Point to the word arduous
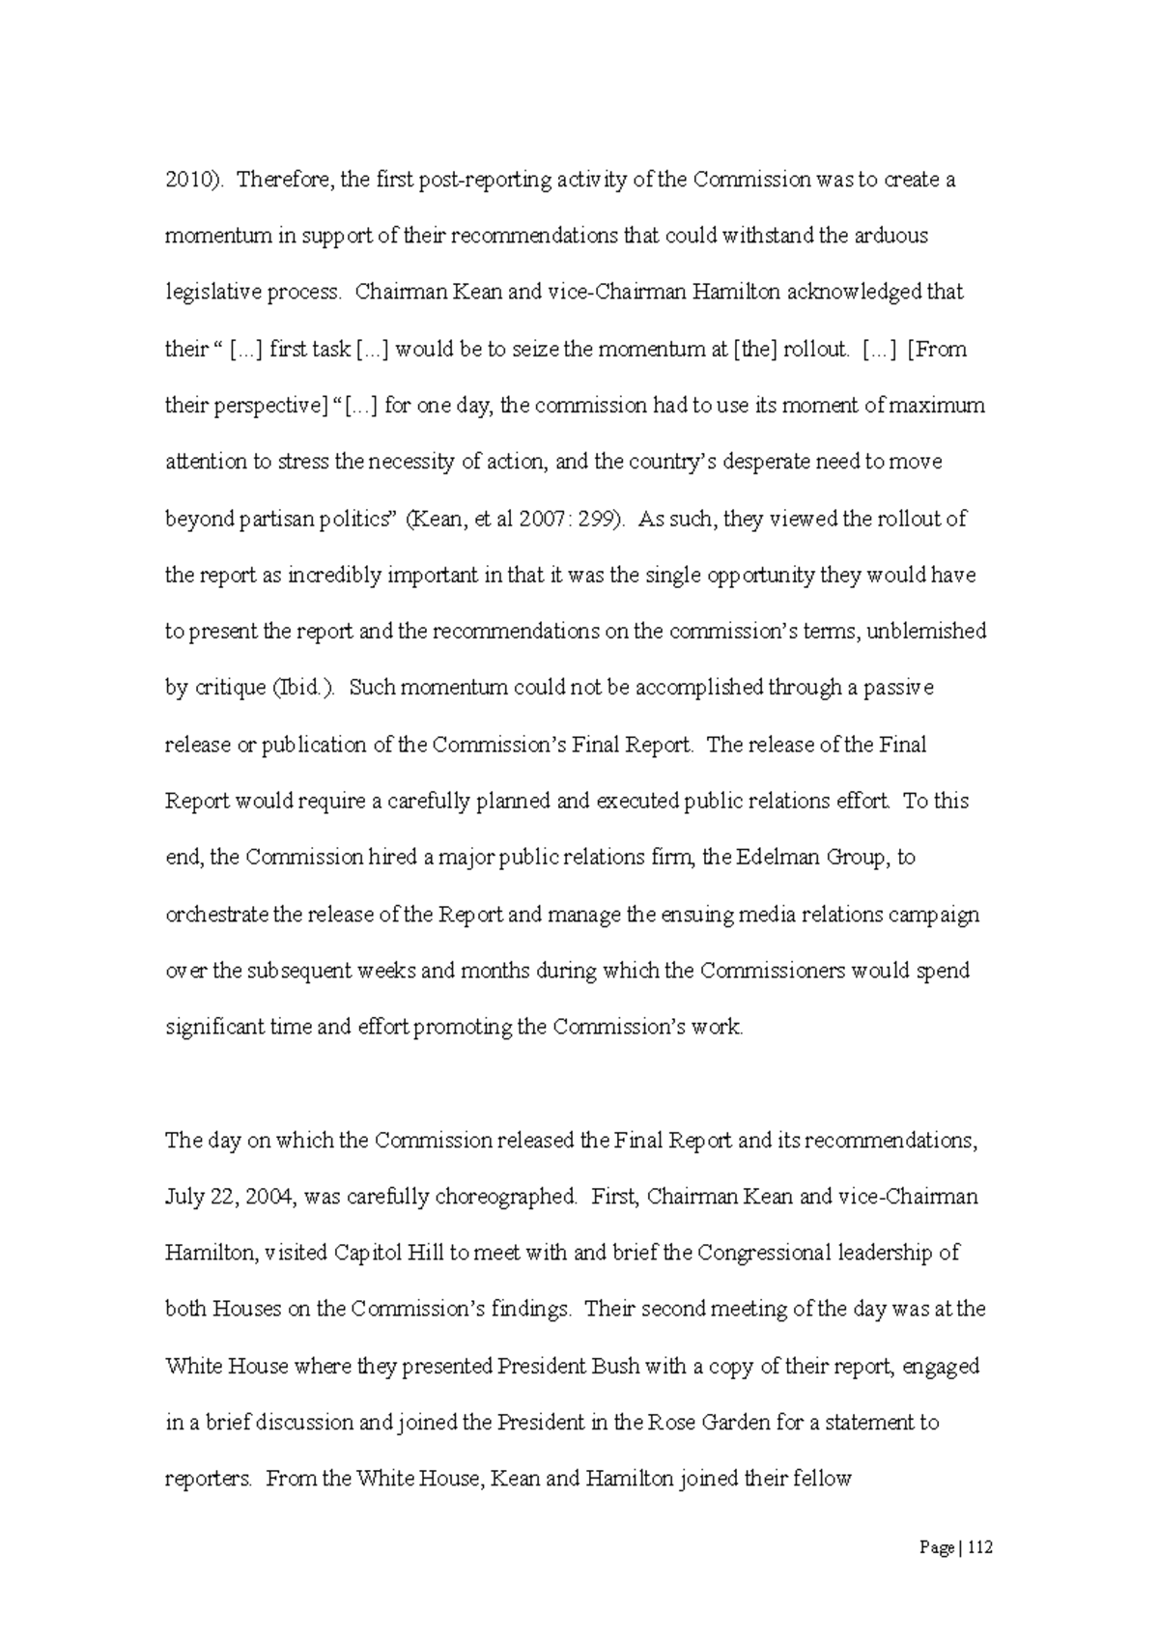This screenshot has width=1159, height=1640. pos(891,236)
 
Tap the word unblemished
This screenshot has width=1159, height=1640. pos(927,632)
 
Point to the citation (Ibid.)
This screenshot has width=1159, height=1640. pos(300,689)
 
